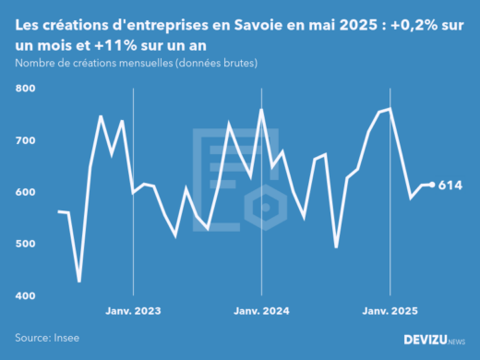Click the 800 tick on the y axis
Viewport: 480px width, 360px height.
point(25,89)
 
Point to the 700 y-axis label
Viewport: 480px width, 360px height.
point(25,140)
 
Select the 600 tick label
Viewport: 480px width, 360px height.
point(25,192)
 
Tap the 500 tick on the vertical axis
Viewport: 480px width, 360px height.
point(25,244)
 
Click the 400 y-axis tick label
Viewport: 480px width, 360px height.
point(25,295)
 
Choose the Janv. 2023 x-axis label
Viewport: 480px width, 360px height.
point(134,311)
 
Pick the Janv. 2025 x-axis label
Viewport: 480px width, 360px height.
point(390,311)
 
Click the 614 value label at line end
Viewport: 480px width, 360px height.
point(450,186)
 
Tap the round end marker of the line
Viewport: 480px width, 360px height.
point(432,185)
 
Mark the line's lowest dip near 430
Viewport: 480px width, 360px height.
point(79,281)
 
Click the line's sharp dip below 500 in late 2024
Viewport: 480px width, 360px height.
point(336,246)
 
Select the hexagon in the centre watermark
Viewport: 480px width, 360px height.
point(265,207)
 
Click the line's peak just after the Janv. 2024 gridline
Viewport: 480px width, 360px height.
point(261,110)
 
